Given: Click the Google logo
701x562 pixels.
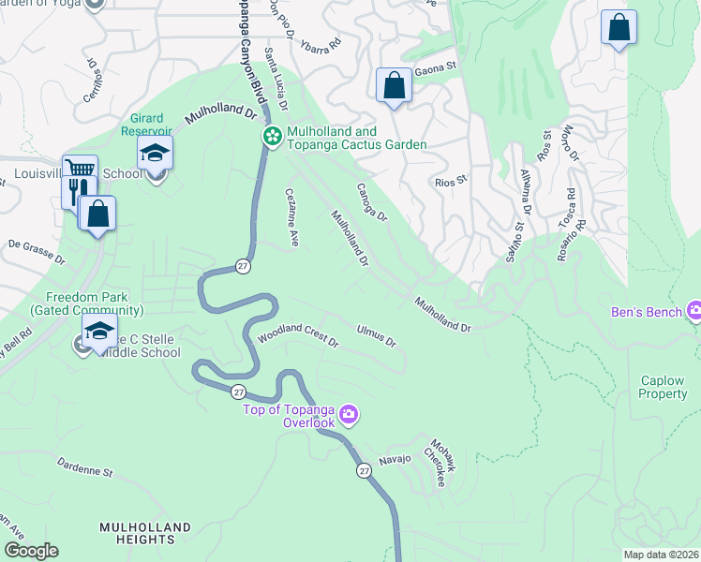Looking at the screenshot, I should (31, 551).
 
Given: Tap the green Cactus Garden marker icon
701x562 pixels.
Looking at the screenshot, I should (272, 138).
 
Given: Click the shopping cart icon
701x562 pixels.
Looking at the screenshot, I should (80, 170).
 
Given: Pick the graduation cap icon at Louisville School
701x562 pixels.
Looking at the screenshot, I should (156, 154).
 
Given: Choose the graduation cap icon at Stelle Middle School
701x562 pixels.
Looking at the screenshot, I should (98, 331).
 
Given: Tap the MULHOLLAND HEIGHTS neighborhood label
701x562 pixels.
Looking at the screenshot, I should (137, 533).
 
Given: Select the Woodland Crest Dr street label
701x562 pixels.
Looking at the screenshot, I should (298, 335).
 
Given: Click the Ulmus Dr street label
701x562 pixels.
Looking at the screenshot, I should (377, 334).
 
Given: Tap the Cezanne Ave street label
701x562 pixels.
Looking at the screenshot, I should (291, 216).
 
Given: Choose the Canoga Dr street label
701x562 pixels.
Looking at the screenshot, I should (370, 202).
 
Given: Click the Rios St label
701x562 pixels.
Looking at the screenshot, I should (451, 182).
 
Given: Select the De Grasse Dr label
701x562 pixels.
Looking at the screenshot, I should (37, 250).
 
